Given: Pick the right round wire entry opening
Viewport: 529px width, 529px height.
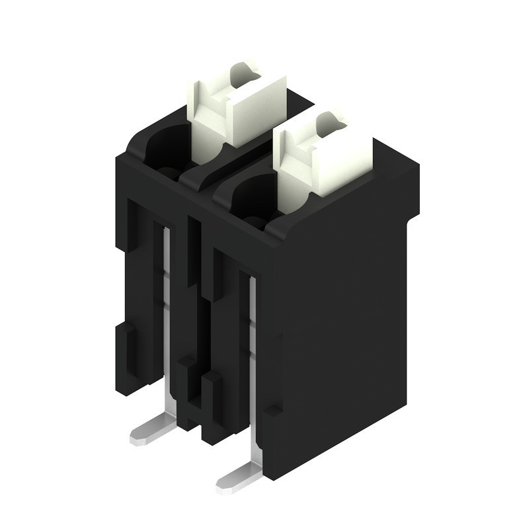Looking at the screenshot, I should [248, 198].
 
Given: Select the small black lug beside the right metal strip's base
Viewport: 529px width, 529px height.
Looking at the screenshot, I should [271, 413].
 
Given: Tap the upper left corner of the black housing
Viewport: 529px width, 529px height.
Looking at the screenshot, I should [119, 159].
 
